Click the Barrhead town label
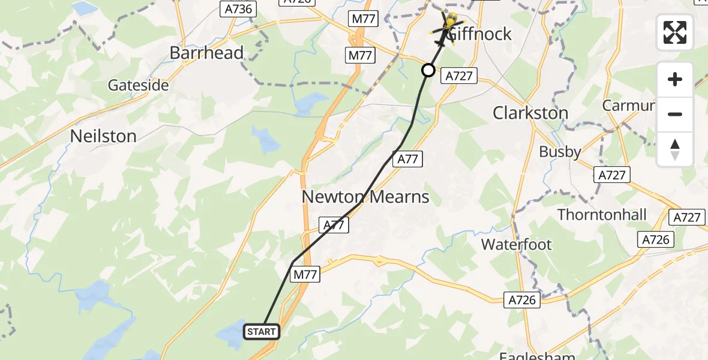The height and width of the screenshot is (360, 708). [x=206, y=53]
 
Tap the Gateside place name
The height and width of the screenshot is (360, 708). [x=138, y=85]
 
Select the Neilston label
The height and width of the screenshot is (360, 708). [x=103, y=136]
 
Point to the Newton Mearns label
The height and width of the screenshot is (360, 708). [x=365, y=197]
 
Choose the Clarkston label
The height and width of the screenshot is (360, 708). [x=530, y=113]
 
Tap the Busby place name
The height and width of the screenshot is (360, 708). [x=560, y=152]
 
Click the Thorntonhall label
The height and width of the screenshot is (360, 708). [x=602, y=214]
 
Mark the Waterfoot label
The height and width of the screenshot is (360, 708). [x=517, y=244]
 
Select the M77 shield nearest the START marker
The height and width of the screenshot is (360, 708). [x=305, y=274]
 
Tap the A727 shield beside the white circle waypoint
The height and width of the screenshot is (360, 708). [x=459, y=76]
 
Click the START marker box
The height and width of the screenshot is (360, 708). [x=262, y=332]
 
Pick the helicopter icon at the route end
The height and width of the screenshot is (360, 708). [x=446, y=25]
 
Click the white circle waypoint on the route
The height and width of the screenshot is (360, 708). [x=428, y=71]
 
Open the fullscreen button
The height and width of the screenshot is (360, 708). [x=675, y=33]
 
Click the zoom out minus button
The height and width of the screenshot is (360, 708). [x=675, y=114]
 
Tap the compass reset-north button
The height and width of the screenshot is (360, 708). [x=675, y=149]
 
